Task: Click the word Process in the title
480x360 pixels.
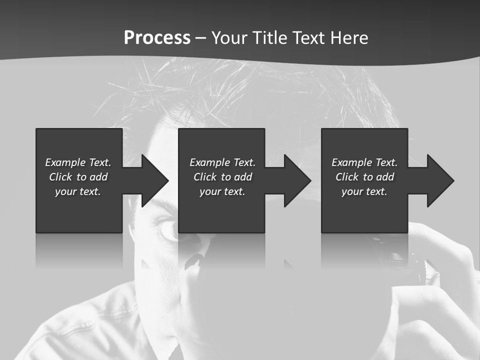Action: coord(157,38)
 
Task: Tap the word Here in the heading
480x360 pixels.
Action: coord(348,38)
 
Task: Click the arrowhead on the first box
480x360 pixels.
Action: coord(153,180)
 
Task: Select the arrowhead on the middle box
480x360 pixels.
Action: coord(296,180)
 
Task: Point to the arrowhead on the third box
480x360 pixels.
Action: coord(439,180)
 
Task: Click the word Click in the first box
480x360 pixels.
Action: coord(60,177)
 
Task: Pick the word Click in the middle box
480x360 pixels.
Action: coord(204,177)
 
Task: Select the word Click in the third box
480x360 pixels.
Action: coord(346,177)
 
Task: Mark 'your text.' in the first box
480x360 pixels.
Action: coord(78,191)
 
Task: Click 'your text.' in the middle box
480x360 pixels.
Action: coord(222,191)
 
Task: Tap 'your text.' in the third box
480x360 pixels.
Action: coord(364,191)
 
